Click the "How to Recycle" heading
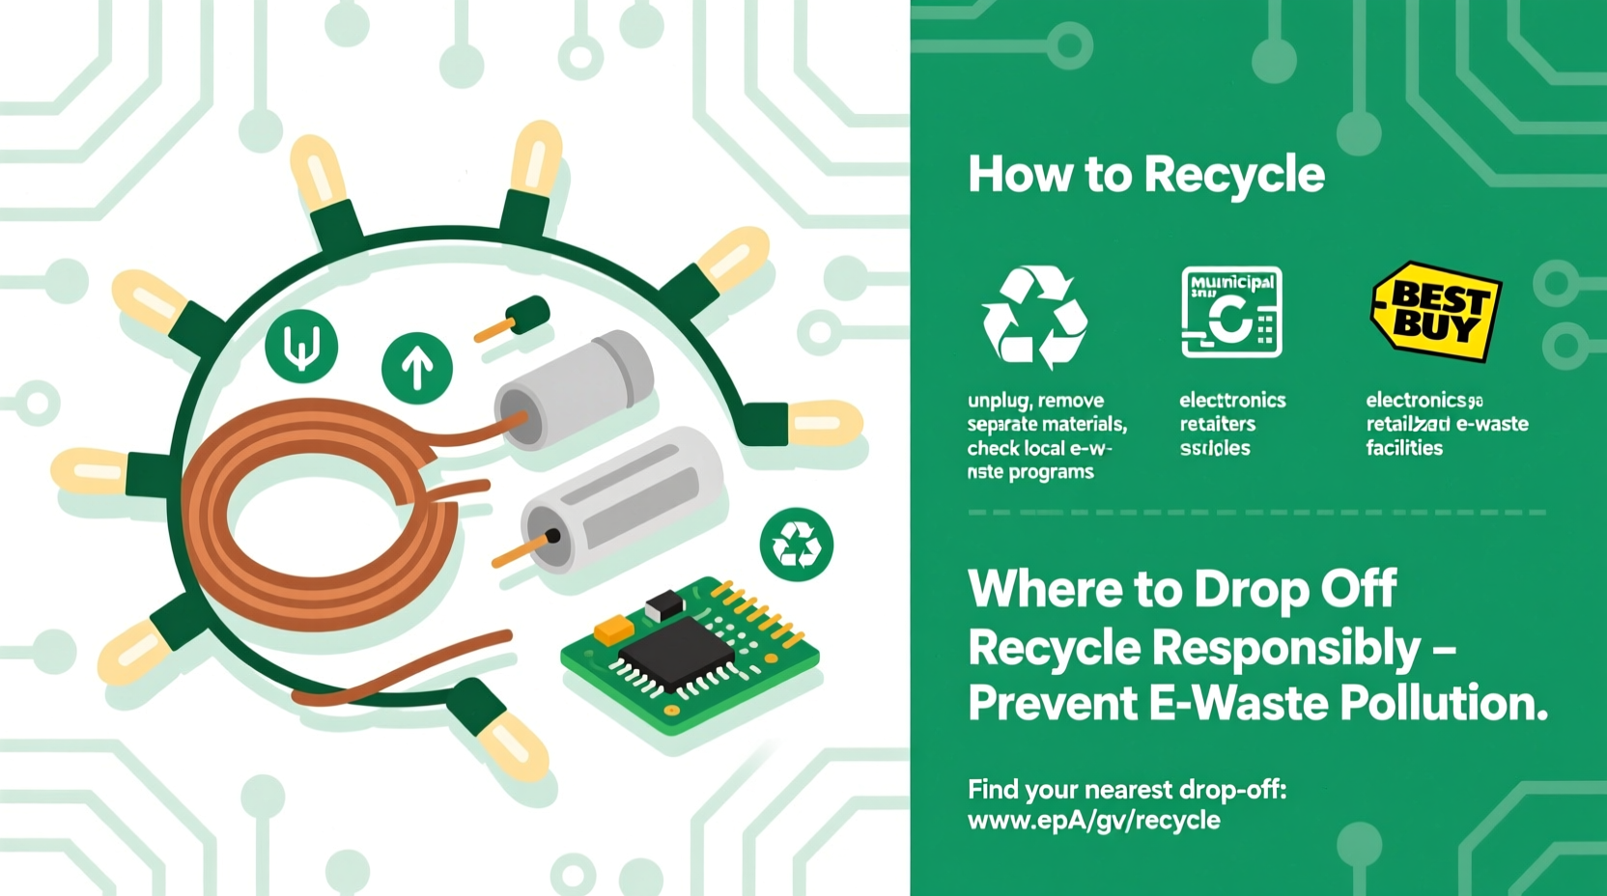[x=1146, y=175]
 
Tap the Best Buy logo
[x=1436, y=311]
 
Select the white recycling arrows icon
[x=1034, y=317]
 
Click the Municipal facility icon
[x=1231, y=312]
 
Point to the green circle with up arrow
[x=417, y=367]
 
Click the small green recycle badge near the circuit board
[x=796, y=545]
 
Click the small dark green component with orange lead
[x=527, y=315]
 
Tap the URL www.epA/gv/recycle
[x=1093, y=821]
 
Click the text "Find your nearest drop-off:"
[x=1126, y=790]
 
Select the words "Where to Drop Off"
[x=1182, y=588]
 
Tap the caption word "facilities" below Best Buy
[x=1404, y=448]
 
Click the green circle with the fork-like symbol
[x=301, y=347]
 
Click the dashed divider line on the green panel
[x=1255, y=513]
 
